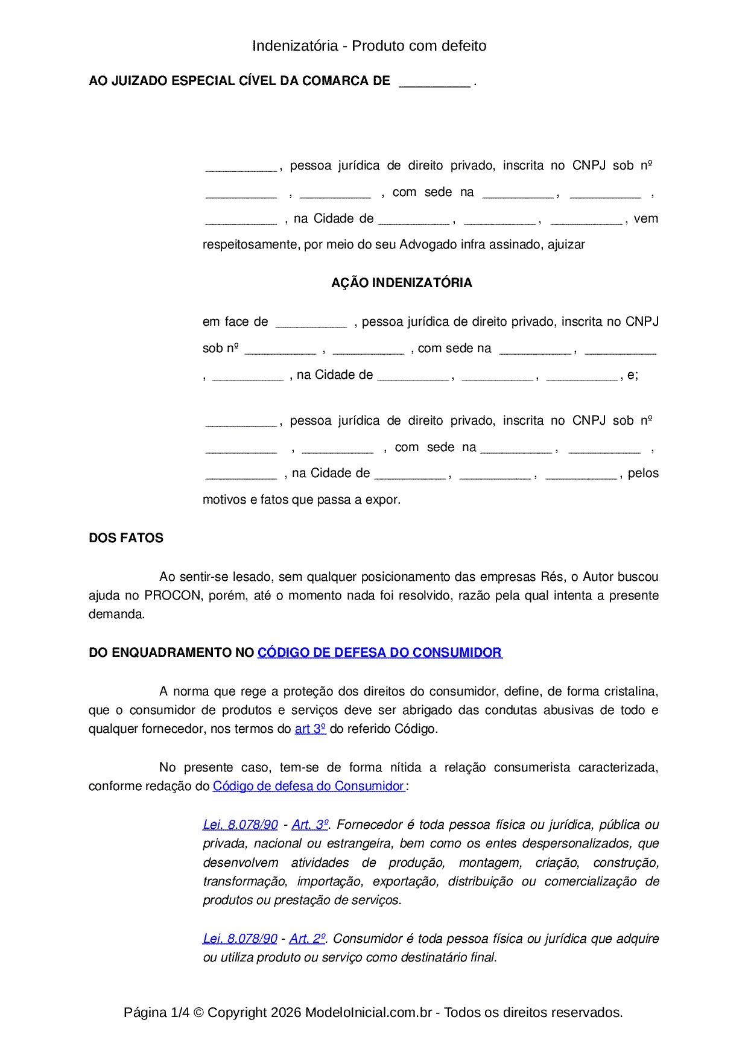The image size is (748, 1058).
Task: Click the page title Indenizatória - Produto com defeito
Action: pos(369,46)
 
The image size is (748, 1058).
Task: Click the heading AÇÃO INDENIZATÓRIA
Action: pos(401,283)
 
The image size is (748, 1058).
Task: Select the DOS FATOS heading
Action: pos(126,538)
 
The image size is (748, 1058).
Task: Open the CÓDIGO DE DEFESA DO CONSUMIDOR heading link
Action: pos(379,653)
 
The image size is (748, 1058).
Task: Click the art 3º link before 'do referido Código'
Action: pos(310,729)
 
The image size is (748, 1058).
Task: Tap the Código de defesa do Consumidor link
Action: pos(308,786)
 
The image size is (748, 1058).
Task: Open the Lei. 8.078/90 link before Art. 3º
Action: pos(240,825)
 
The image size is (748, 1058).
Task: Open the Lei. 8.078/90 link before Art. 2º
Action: pos(240,939)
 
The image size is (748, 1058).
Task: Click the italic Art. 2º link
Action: pos(308,939)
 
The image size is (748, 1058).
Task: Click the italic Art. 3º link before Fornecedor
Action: pos(310,825)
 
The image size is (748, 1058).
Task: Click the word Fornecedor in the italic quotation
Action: pos(369,825)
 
